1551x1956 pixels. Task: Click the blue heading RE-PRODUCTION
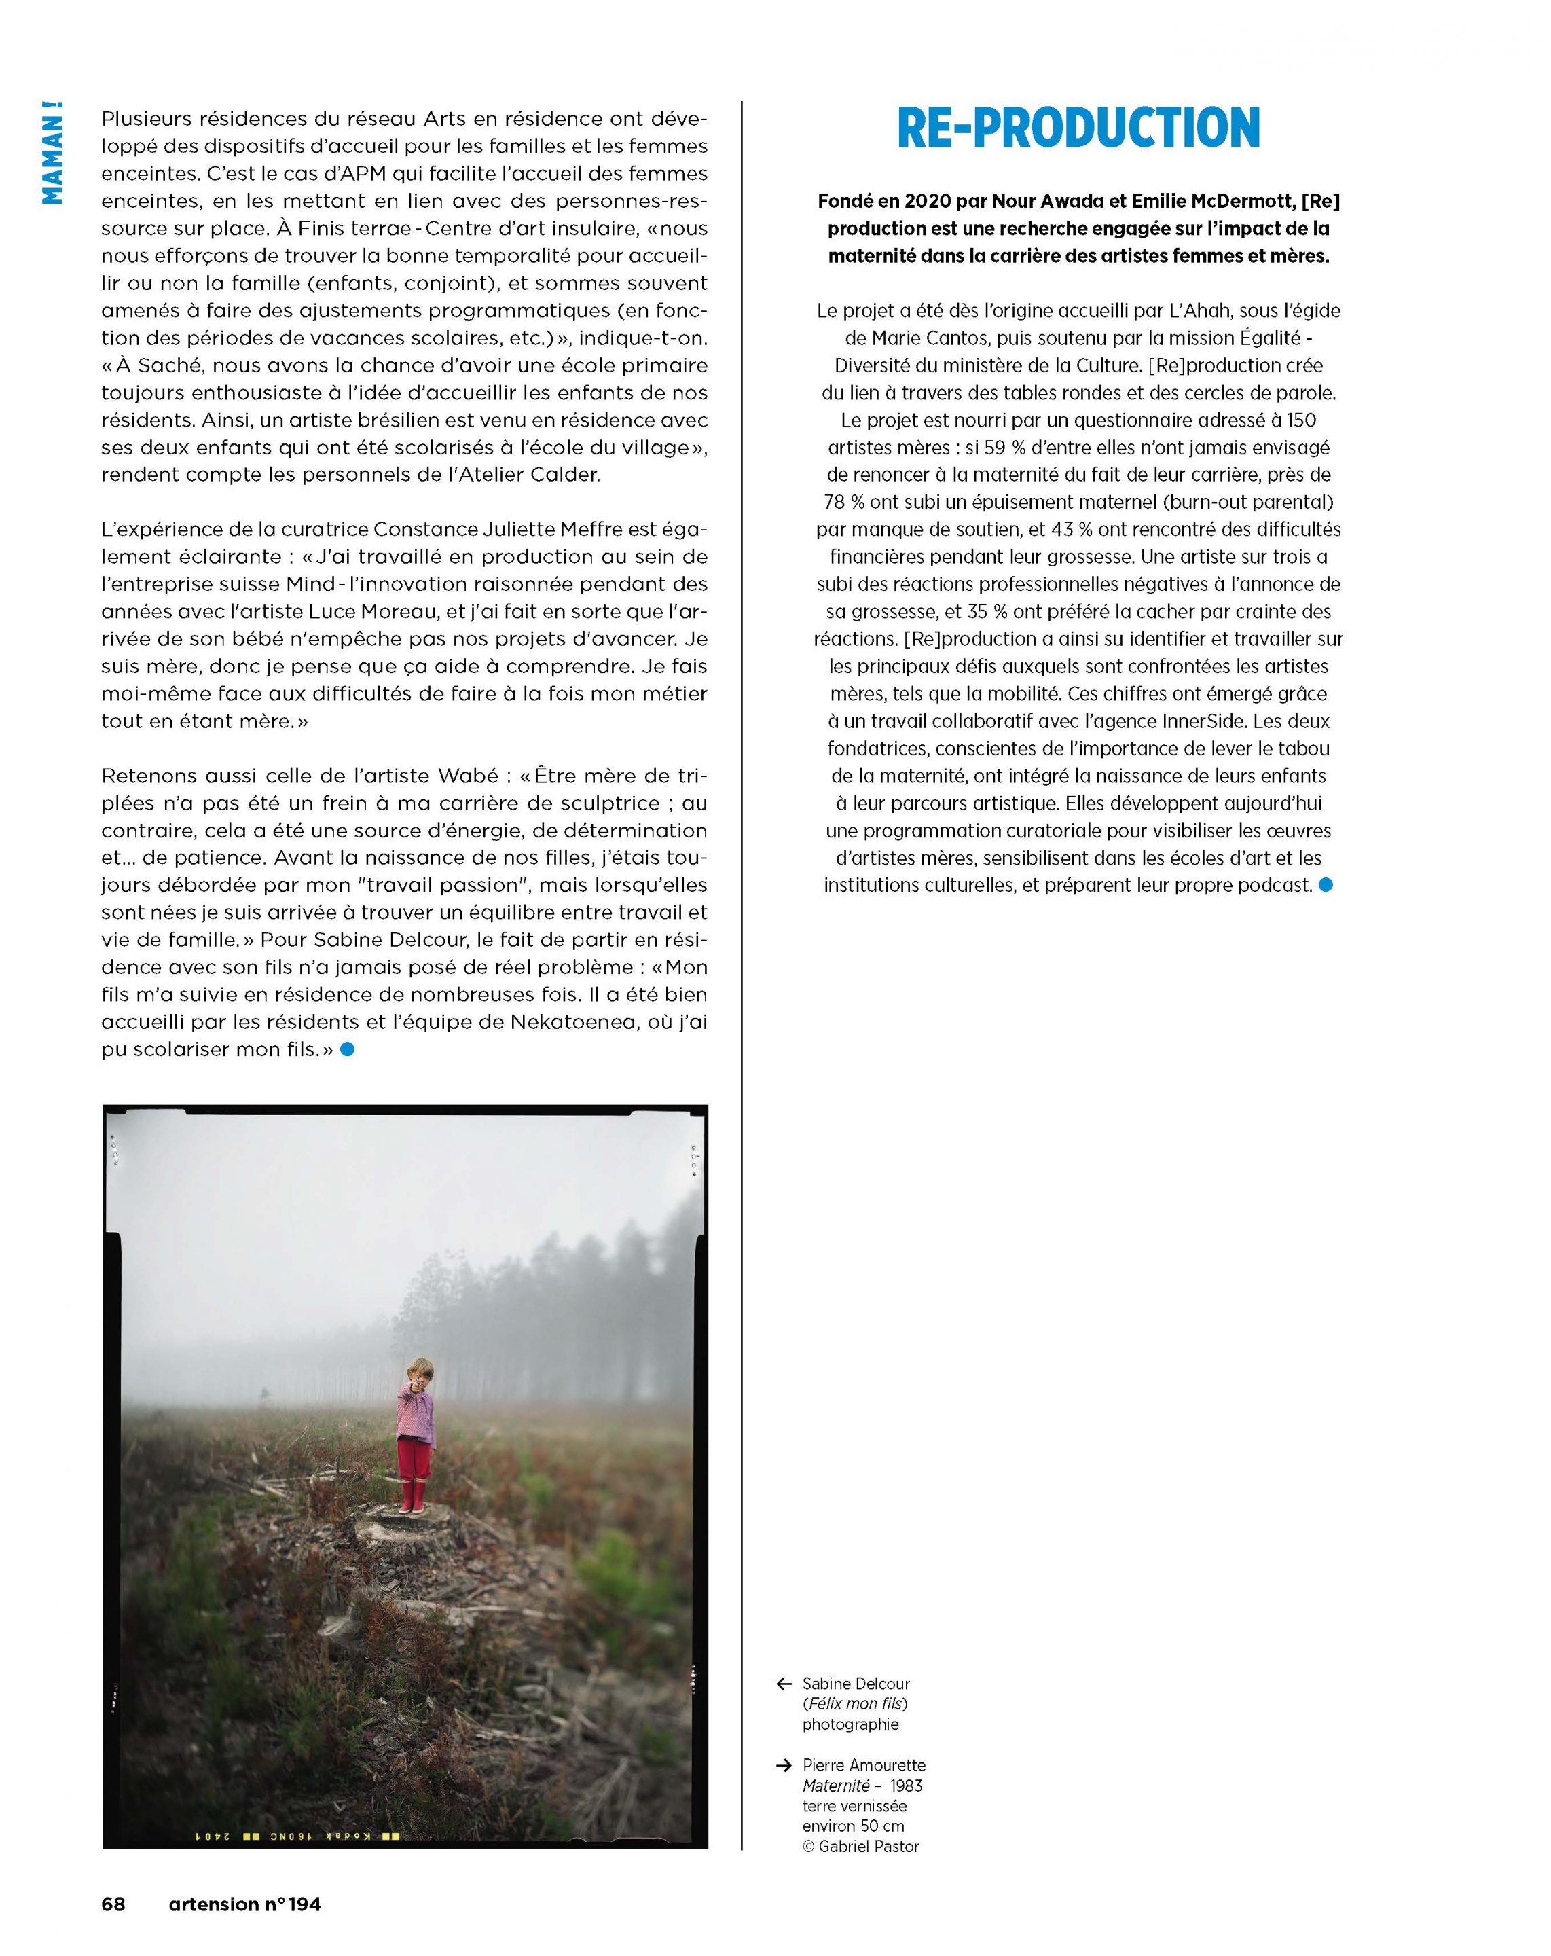pyautogui.click(x=1078, y=128)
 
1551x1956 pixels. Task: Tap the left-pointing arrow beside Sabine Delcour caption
pyautogui.click(x=784, y=1684)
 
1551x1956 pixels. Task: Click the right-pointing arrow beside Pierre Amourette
pyautogui.click(x=784, y=1765)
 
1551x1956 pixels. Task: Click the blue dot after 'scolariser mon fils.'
pyautogui.click(x=348, y=1050)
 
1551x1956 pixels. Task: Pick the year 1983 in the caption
pyautogui.click(x=906, y=1786)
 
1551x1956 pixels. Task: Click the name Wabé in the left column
pyautogui.click(x=468, y=776)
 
